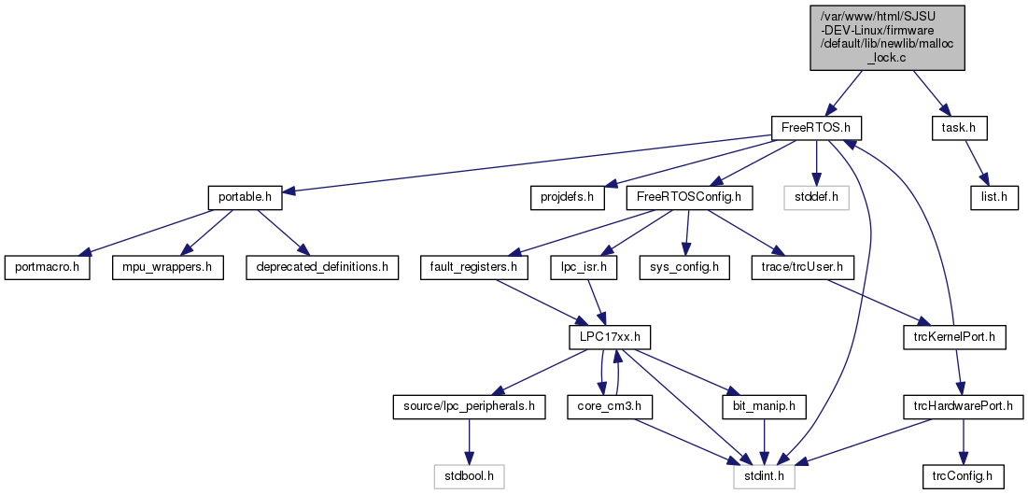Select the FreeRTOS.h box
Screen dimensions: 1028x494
tap(815, 127)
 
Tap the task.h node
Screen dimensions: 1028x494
tap(959, 127)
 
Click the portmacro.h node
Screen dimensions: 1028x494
tap(47, 268)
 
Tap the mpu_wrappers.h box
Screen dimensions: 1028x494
tap(168, 268)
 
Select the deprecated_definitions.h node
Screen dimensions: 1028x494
tap(322, 268)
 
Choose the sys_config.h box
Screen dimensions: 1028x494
tap(685, 268)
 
